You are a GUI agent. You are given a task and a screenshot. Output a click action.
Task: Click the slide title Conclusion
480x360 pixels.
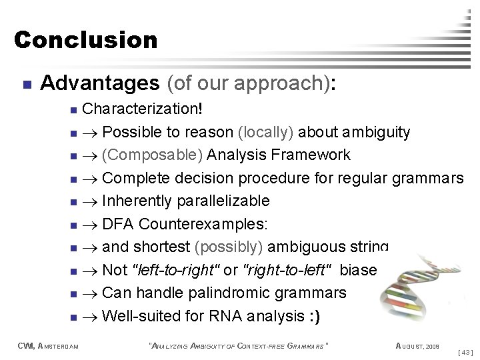85,40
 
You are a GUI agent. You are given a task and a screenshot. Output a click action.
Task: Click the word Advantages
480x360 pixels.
99,83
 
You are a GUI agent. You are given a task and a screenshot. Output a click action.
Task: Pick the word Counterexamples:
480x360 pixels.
199,224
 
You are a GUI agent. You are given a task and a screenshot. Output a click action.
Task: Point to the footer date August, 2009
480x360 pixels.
417,345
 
